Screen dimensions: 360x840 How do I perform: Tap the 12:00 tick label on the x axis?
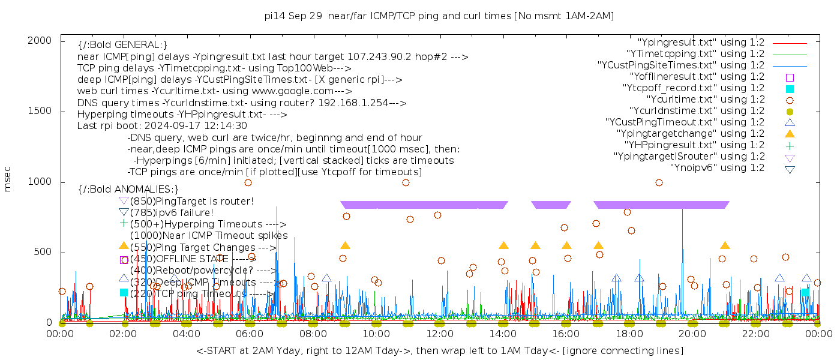point(439,334)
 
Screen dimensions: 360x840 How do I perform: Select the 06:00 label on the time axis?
point(250,334)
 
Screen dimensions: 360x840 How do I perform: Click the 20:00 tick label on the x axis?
point(692,334)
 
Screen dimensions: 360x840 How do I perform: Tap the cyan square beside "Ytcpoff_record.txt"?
point(790,88)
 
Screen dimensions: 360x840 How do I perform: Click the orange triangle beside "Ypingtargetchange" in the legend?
point(790,134)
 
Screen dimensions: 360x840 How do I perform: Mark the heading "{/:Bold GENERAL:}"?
point(122,45)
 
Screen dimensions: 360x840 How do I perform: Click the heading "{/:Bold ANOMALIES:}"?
point(128,189)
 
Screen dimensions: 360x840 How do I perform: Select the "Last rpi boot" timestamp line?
point(162,126)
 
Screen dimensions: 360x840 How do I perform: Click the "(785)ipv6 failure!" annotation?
point(172,212)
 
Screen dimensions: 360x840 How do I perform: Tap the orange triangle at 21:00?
point(725,245)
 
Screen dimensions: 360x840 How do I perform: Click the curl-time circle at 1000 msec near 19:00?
point(659,182)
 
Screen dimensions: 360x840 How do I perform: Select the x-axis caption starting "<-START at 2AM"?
point(439,350)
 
